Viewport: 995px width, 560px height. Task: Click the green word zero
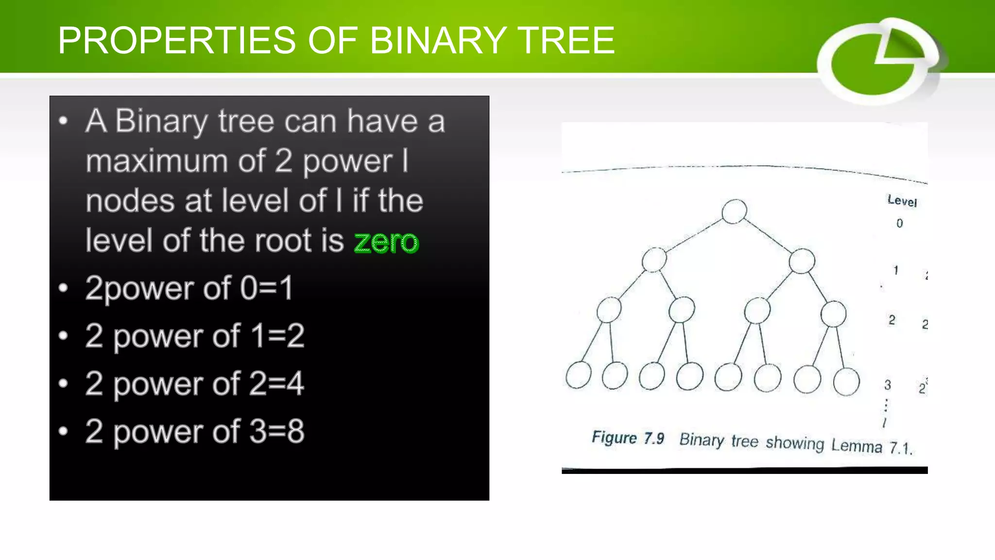(x=386, y=242)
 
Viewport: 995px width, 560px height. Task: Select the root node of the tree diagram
(x=734, y=211)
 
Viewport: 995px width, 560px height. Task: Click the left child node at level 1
(x=654, y=260)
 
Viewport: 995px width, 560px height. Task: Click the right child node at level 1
(x=802, y=261)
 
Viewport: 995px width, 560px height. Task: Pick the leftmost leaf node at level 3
(x=578, y=375)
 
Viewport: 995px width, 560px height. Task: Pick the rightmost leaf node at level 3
(x=846, y=381)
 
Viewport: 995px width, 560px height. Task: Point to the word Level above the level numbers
(x=902, y=201)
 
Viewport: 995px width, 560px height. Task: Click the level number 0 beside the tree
(x=900, y=223)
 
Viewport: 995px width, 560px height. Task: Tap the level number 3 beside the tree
(x=888, y=385)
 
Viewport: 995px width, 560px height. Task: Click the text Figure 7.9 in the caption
(x=628, y=437)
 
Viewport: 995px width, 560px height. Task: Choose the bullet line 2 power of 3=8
(x=194, y=431)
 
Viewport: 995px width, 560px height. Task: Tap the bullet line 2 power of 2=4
(x=194, y=384)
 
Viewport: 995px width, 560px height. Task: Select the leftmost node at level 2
(x=609, y=310)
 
